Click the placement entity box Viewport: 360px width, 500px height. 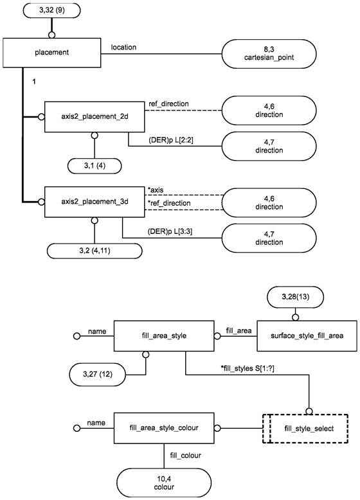click(x=52, y=53)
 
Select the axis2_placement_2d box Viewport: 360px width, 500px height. click(x=94, y=117)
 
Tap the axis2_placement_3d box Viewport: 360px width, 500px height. click(x=94, y=202)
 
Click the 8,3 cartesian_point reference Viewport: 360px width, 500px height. click(x=269, y=53)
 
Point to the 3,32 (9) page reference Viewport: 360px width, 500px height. click(x=51, y=10)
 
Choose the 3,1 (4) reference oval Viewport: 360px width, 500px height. click(x=94, y=166)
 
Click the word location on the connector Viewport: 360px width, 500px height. click(x=123, y=47)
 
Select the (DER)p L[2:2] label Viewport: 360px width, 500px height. click(x=170, y=139)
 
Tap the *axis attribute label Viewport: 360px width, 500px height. click(x=156, y=190)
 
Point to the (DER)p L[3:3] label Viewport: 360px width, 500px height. click(x=170, y=231)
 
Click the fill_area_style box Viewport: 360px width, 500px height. click(x=164, y=335)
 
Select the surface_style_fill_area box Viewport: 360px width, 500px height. click(x=307, y=335)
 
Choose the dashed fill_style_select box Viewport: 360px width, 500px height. click(x=305, y=429)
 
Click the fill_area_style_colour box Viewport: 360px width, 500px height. click(x=164, y=428)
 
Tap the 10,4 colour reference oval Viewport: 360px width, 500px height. click(x=164, y=483)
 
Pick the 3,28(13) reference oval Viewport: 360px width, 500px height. click(x=295, y=297)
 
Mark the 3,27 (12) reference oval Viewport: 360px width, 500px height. click(x=98, y=374)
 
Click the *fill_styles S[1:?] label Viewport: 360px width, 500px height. click(x=248, y=369)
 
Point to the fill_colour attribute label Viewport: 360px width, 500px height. click(x=185, y=456)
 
